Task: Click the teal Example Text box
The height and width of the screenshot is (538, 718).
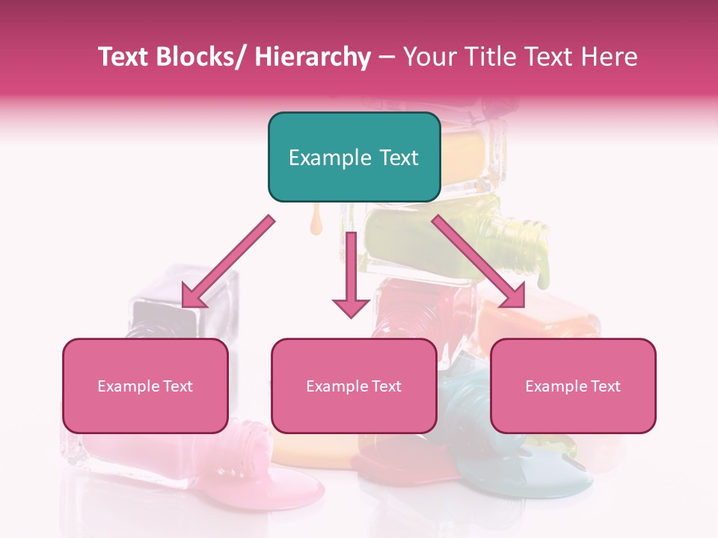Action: (x=353, y=157)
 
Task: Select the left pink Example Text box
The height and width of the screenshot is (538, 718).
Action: (x=145, y=386)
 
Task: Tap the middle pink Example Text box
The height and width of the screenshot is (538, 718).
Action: (x=353, y=386)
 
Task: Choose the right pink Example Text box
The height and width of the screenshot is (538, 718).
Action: (x=573, y=386)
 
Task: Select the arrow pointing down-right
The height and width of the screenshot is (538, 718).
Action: (x=479, y=262)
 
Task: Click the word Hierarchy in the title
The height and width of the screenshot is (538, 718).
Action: (x=312, y=58)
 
